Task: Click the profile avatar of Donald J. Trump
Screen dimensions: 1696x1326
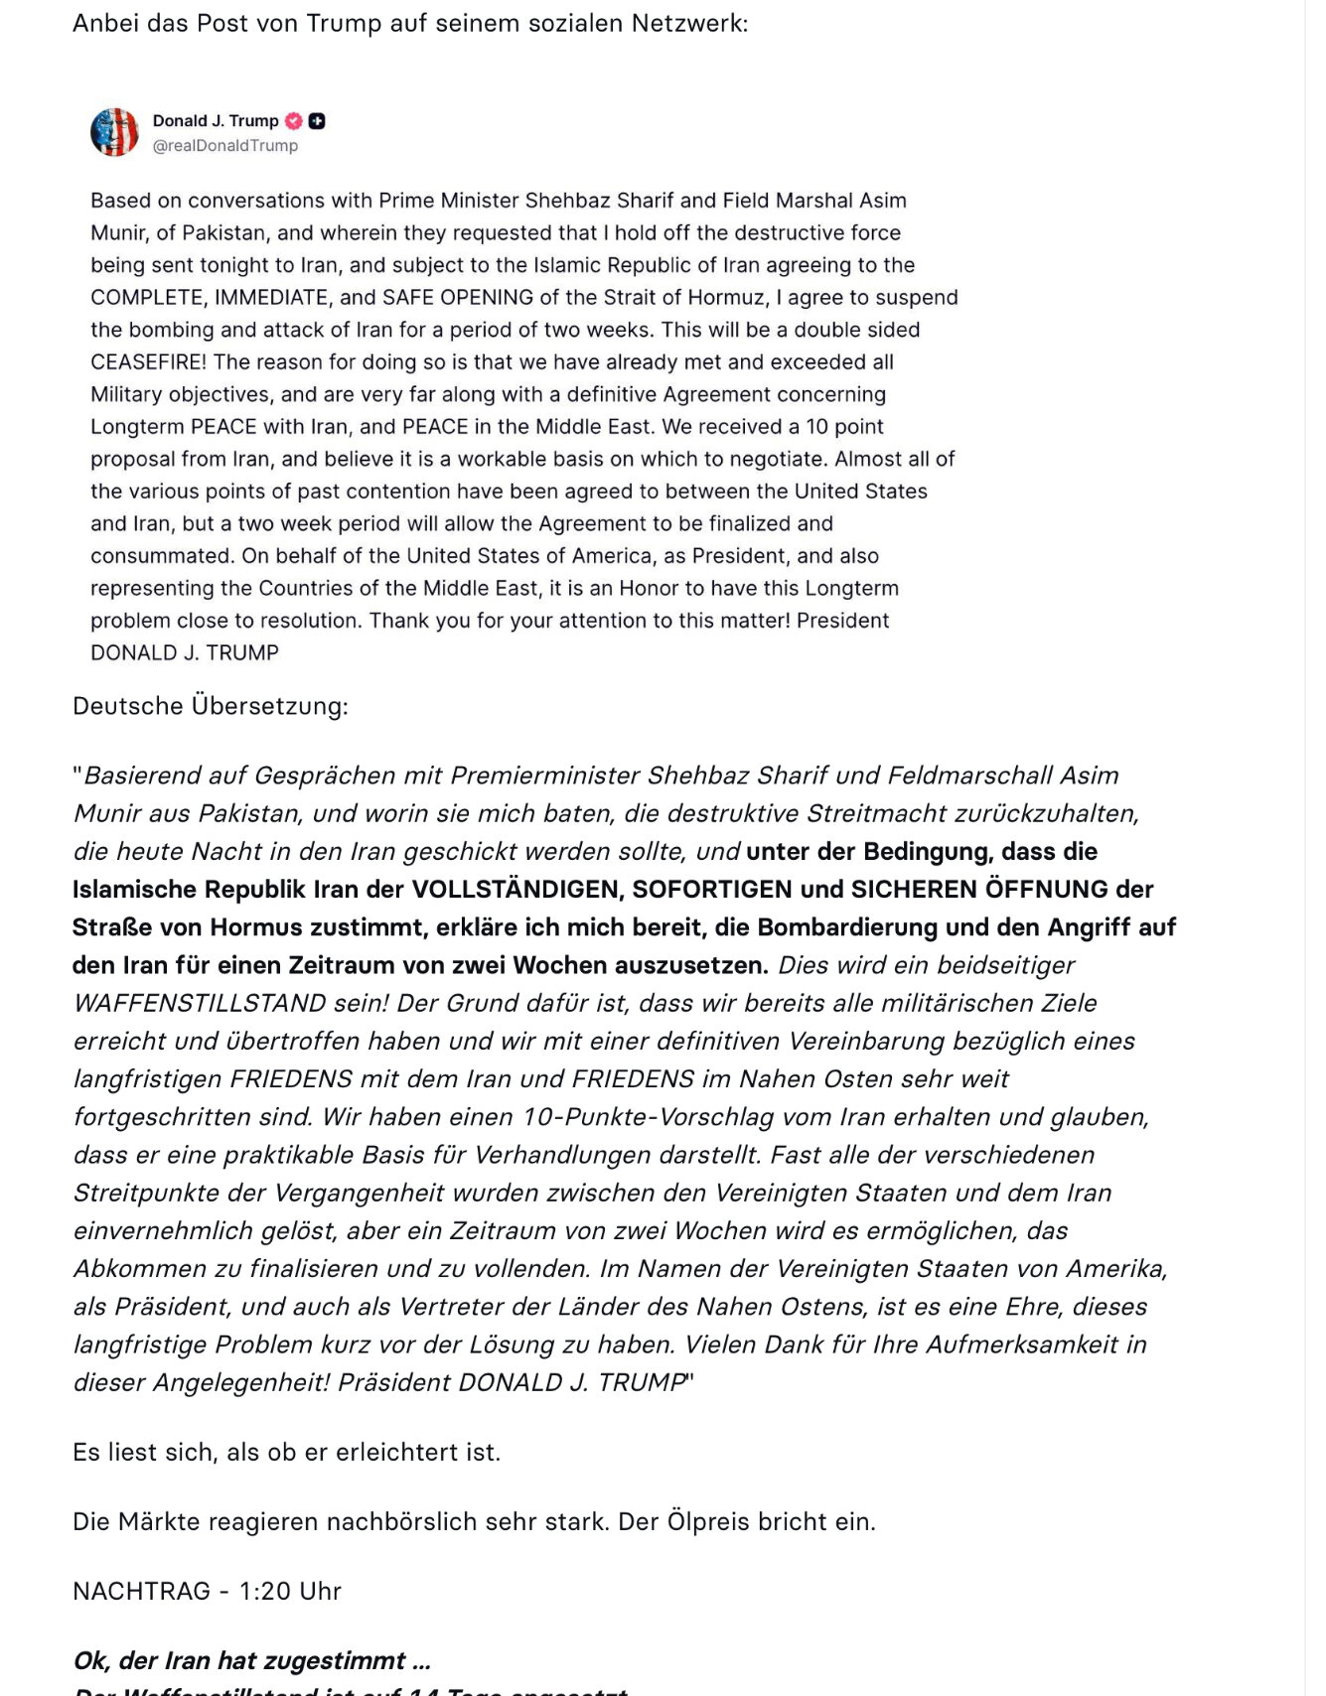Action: pos(114,132)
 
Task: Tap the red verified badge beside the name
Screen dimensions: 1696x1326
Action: pos(294,121)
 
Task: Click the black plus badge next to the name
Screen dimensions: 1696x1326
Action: pos(317,121)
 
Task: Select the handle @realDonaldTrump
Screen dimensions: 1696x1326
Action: pos(224,146)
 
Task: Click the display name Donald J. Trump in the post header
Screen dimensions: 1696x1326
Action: pos(216,121)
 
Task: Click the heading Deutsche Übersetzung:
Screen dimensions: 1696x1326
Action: pos(211,706)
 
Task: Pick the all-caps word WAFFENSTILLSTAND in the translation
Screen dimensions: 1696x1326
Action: pos(200,1003)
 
